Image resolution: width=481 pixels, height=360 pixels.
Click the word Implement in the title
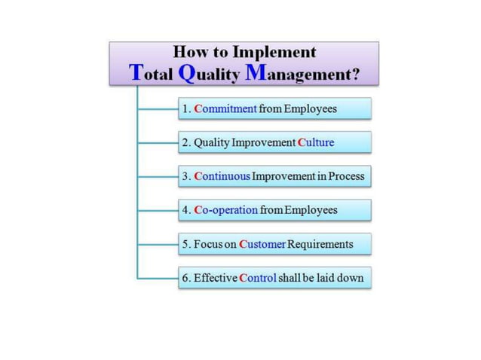(274, 53)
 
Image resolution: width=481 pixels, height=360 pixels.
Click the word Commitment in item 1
(225, 109)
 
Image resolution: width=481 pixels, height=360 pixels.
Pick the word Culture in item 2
(315, 142)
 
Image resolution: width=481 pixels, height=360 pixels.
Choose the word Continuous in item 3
(222, 176)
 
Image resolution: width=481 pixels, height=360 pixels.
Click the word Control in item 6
(257, 278)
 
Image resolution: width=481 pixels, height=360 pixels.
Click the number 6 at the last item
(185, 278)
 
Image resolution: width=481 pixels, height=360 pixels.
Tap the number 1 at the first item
(185, 109)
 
